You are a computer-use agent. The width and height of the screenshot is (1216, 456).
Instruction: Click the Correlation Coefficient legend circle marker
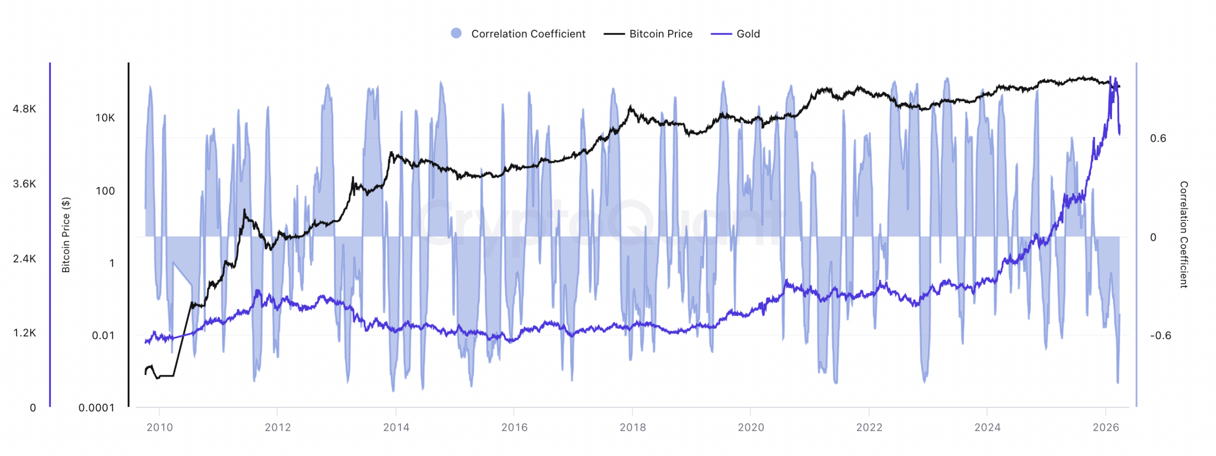click(x=456, y=33)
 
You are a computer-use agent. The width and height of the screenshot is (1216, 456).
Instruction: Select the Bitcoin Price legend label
click(x=660, y=34)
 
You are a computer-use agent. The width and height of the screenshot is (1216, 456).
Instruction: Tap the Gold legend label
click(x=748, y=34)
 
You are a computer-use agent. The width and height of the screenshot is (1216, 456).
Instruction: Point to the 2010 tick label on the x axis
click(x=160, y=427)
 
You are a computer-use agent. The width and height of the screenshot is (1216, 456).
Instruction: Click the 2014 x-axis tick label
click(x=396, y=427)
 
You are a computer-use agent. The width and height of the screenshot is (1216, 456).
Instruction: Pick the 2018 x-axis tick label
click(x=633, y=427)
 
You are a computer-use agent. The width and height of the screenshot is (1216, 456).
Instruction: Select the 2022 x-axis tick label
click(x=869, y=427)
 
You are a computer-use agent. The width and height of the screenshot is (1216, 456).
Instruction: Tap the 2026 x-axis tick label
click(x=1106, y=427)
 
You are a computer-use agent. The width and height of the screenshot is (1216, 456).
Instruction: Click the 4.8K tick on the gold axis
click(x=24, y=109)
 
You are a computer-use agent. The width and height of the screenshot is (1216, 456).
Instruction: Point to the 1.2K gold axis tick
click(x=24, y=333)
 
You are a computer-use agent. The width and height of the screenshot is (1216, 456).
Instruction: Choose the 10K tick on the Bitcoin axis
click(x=105, y=118)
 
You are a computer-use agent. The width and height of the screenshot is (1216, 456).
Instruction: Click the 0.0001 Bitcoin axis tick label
click(x=96, y=408)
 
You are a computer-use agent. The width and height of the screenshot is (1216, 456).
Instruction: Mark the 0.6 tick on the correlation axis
click(x=1158, y=138)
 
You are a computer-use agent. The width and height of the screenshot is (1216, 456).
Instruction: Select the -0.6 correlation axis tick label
click(x=1160, y=335)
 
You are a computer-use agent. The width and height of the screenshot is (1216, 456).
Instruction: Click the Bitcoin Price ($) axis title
click(x=66, y=235)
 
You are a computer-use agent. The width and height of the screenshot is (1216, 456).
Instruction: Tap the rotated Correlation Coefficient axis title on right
click(x=1184, y=235)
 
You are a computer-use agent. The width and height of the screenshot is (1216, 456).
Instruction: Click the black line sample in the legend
click(x=614, y=34)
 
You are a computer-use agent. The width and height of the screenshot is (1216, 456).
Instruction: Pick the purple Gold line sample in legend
click(x=721, y=34)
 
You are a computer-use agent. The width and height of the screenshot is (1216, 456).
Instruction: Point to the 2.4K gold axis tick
click(x=24, y=259)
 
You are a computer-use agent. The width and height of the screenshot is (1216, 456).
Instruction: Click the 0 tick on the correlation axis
click(x=1153, y=237)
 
